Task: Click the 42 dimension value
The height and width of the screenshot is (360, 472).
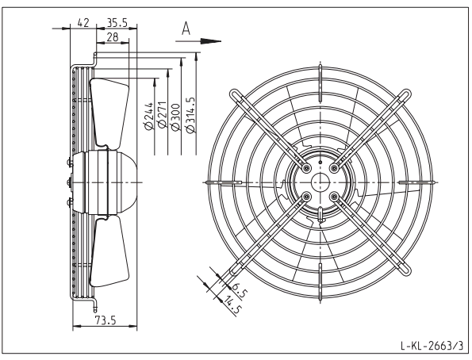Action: [x=83, y=22]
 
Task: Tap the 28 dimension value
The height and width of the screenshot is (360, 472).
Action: [x=113, y=37]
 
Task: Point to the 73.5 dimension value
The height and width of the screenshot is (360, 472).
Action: [x=106, y=320]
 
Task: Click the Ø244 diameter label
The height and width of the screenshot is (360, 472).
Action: [x=150, y=117]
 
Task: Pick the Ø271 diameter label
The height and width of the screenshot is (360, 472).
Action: [x=163, y=114]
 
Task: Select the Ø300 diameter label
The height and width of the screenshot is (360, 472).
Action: [x=175, y=117]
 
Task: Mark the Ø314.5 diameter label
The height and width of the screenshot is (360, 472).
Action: [x=190, y=115]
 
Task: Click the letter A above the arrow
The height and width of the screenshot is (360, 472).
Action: [x=186, y=29]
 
